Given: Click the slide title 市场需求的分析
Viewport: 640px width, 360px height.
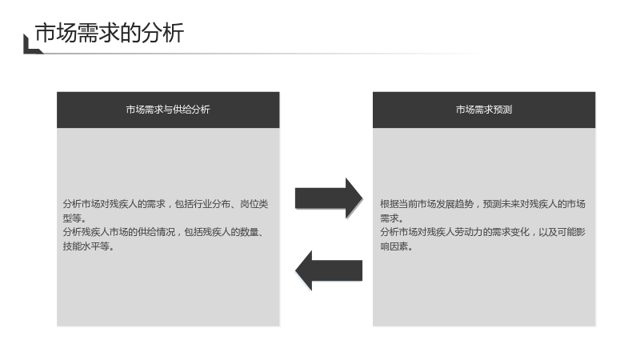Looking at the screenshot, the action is (x=110, y=33).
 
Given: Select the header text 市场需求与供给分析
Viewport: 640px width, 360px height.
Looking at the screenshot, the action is (x=168, y=110).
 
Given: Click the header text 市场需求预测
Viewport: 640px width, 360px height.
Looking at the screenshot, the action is (x=484, y=110).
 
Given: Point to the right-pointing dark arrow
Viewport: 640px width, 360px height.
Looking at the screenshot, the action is (x=329, y=198).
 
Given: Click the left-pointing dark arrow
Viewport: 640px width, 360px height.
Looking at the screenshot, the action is (x=329, y=270).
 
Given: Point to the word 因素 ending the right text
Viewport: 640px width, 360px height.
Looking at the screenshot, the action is (x=398, y=246).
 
